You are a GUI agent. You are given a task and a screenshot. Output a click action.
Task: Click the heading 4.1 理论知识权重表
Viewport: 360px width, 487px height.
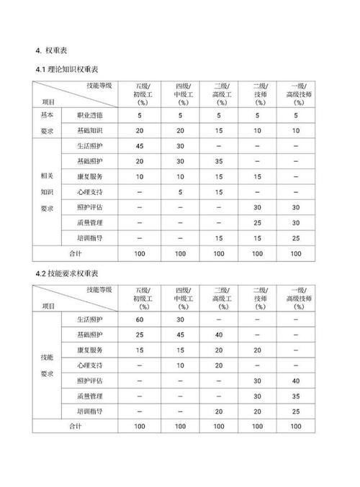pos(70,69)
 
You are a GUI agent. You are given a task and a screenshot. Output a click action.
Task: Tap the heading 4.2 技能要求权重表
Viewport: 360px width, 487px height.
pos(70,273)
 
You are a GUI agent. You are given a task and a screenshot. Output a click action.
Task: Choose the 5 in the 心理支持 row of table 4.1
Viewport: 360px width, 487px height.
pos(181,193)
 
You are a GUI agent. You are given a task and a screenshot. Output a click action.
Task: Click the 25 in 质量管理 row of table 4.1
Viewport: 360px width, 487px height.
pos(257,223)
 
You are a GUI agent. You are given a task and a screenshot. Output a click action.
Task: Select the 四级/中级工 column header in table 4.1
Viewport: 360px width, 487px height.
pos(181,94)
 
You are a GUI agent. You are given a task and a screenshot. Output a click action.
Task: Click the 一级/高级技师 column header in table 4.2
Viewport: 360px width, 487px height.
pos(296,298)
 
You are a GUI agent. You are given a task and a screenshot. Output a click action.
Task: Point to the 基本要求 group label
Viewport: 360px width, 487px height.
pos(48,123)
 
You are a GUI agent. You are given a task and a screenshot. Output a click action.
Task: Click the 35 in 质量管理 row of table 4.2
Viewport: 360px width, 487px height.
pos(296,396)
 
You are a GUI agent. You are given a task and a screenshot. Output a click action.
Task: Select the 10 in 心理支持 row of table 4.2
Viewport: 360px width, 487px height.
pos(181,365)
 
